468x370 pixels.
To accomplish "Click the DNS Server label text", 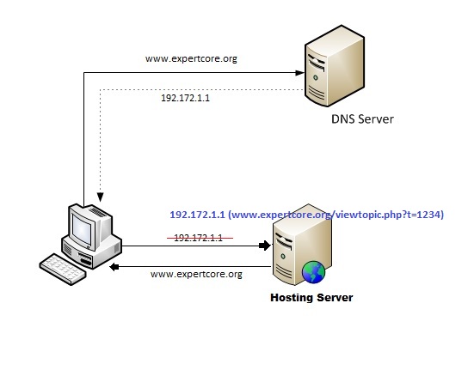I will pyautogui.click(x=362, y=119).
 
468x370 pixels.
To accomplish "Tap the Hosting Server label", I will pyautogui.click(x=311, y=297).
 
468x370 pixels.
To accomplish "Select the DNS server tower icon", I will pyautogui.click(x=323, y=67).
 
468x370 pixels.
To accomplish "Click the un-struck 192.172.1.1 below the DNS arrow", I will pyautogui.click(x=185, y=98).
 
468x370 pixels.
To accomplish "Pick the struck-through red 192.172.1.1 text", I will pyautogui.click(x=198, y=237).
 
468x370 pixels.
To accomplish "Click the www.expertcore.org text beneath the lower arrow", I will pyautogui.click(x=196, y=275).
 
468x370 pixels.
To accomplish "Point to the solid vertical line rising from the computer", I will pyautogui.click(x=83, y=137).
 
